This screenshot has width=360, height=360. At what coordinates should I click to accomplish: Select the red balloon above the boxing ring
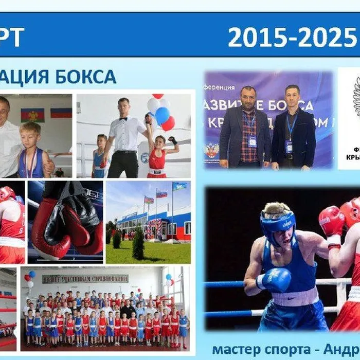tap(168, 123)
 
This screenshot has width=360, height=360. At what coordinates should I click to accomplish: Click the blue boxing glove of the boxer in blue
tap(275, 280)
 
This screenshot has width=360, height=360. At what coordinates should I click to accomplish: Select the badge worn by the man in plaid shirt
tap(253, 140)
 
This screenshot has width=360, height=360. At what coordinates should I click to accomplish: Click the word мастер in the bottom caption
tap(235, 349)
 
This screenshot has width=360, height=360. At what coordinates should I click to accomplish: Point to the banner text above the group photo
tap(85, 279)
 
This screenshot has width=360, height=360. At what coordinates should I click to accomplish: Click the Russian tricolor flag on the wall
tap(61, 112)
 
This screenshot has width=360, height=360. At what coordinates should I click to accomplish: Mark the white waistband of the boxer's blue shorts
tap(296, 298)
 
